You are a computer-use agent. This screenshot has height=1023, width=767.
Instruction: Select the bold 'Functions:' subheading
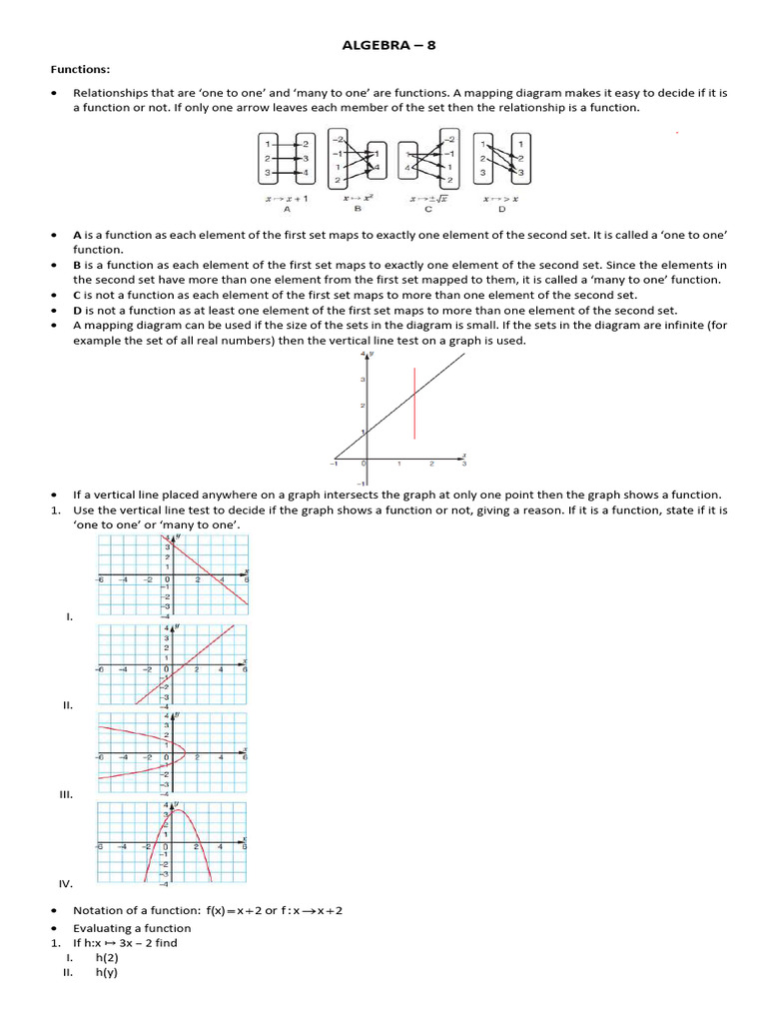[x=81, y=69]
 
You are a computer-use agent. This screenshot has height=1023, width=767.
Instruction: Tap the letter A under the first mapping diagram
[x=287, y=210]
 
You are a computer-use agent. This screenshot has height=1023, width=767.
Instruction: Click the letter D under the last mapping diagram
[x=502, y=210]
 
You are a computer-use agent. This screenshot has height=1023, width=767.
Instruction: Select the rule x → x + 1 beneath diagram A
[x=287, y=199]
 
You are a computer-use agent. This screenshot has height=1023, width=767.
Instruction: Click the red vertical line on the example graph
[x=414, y=403]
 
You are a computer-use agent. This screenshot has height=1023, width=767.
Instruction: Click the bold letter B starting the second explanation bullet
[x=77, y=265]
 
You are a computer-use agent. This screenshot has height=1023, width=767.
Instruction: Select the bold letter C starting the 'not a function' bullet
[x=77, y=296]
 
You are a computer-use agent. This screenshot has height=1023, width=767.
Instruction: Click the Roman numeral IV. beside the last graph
[x=66, y=884]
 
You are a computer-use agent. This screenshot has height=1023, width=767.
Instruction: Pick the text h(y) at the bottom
[x=106, y=973]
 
